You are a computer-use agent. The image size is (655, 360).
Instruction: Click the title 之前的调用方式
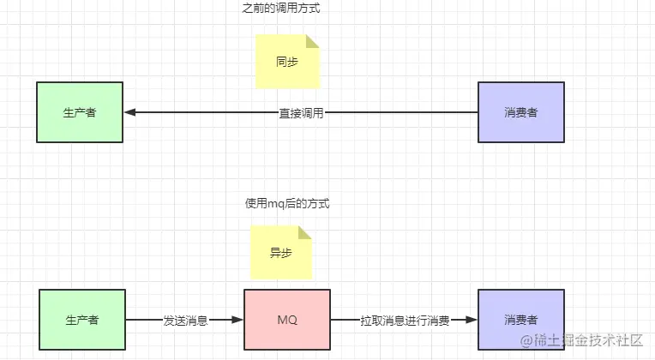pos(287,9)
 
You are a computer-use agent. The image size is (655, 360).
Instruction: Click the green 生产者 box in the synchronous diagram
pos(80,112)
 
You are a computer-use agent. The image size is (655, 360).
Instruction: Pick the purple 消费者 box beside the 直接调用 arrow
pos(521,112)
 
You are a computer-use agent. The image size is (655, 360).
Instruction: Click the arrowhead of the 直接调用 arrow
pos(129,112)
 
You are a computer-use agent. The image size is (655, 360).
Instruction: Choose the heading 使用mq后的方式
pos(287,204)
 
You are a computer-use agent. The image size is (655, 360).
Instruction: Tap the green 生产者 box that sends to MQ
pos(82,320)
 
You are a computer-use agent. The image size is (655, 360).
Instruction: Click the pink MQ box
pos(287,320)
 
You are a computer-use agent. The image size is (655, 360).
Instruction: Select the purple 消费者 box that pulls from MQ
pos(521,320)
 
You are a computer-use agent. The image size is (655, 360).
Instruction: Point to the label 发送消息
pos(185,320)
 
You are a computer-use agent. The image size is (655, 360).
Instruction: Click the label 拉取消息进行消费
pos(404,320)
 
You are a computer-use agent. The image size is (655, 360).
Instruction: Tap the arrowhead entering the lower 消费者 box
pos(472,320)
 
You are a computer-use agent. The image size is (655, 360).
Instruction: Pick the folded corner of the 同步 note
pos(313,41)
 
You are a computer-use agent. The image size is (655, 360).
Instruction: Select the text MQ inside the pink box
pos(287,320)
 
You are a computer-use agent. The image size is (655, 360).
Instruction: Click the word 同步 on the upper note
pos(286,62)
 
